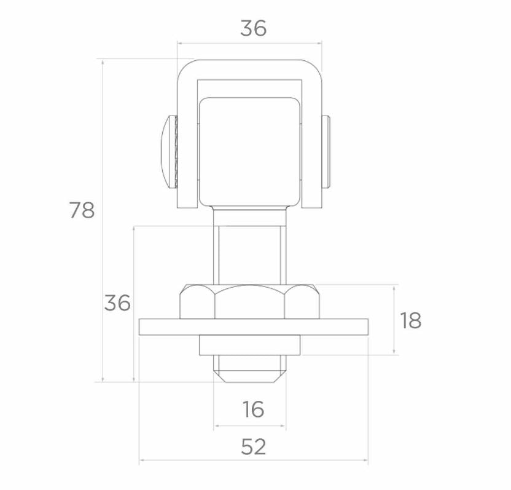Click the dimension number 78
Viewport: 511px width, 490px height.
[82, 210]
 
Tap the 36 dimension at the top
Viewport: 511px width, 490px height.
[253, 28]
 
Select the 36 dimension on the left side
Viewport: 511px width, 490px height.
[117, 302]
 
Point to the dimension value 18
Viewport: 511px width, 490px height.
[411, 320]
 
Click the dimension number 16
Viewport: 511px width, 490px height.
[253, 409]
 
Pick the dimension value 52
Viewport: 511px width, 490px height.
[253, 446]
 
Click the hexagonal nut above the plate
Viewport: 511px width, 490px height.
[249, 301]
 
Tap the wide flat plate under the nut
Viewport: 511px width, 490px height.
[254, 327]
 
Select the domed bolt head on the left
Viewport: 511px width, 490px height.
[168, 152]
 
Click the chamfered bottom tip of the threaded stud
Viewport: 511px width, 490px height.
[249, 376]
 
